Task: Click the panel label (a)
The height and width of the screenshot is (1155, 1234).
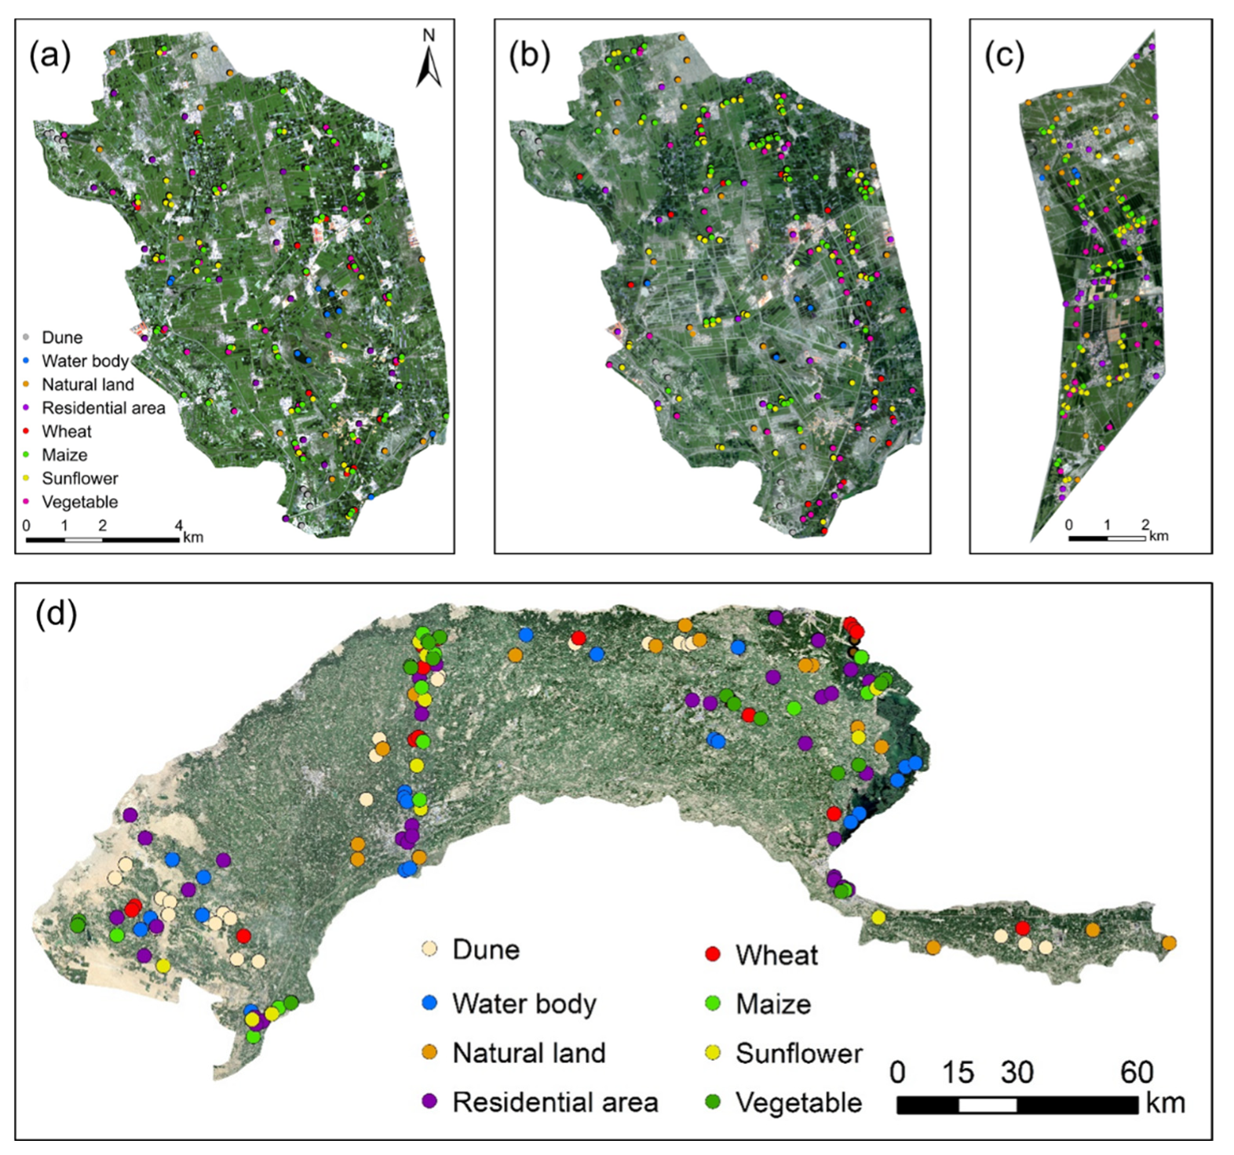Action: click(49, 57)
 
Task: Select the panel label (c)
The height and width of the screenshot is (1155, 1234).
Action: click(1004, 57)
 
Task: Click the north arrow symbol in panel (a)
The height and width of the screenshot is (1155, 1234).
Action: click(429, 60)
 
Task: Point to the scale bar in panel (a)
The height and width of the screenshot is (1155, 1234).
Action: click(102, 540)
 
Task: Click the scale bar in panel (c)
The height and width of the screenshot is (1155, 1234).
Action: click(1107, 538)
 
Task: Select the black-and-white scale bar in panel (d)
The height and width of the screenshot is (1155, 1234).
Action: click(1017, 1105)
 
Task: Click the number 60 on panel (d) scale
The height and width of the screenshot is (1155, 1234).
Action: click(1136, 1072)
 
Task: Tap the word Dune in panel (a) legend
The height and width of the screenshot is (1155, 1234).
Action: click(62, 337)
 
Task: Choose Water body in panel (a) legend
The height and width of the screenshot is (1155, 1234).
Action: click(85, 361)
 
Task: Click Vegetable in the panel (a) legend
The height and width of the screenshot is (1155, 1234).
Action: click(79, 502)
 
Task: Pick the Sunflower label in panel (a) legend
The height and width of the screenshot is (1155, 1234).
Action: click(79, 479)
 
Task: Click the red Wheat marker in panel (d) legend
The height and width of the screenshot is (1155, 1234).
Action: click(713, 954)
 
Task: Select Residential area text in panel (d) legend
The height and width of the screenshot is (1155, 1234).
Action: click(555, 1102)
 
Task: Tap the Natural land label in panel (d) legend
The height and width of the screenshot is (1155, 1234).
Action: click(528, 1053)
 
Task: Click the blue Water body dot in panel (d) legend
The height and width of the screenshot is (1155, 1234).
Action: click(429, 1004)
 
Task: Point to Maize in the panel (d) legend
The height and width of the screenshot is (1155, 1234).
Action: click(772, 1004)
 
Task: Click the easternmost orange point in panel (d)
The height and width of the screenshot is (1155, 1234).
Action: click(1169, 943)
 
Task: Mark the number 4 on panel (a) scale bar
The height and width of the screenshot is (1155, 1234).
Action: click(179, 526)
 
